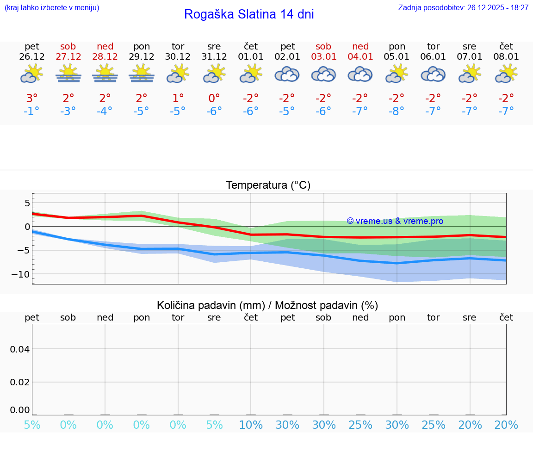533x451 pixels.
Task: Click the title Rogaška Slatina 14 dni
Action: coord(249,14)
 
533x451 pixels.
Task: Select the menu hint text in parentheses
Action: coord(52,8)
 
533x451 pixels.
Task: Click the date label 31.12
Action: coord(214,57)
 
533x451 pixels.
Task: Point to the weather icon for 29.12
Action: coord(142,74)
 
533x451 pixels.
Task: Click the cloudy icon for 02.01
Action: coord(287,74)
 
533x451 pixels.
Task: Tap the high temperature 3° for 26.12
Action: coord(32,99)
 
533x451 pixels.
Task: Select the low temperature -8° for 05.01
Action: coord(397,111)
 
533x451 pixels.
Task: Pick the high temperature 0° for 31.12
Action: coord(214,99)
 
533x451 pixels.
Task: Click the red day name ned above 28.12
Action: coord(105,46)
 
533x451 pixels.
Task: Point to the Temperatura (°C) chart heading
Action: coord(268,185)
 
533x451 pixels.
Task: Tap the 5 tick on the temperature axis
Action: coord(27,203)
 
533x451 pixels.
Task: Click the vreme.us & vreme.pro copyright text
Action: coord(395,221)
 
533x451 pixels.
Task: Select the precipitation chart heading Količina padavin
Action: coord(267,305)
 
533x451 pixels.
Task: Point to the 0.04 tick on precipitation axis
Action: coord(20,349)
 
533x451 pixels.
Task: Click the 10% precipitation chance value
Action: coord(251,425)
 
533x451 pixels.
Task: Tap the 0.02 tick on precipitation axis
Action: coord(20,382)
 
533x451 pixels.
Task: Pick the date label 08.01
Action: coord(506,57)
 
